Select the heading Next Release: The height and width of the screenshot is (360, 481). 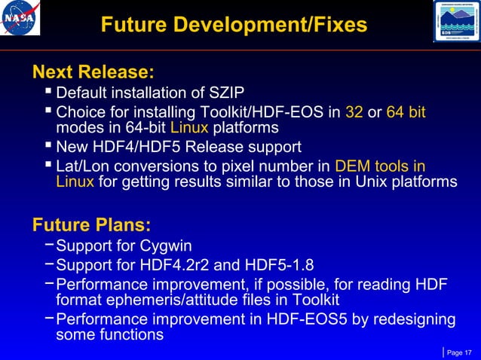(93, 73)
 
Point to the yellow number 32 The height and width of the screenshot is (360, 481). (354, 113)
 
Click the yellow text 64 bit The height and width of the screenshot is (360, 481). (406, 113)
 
